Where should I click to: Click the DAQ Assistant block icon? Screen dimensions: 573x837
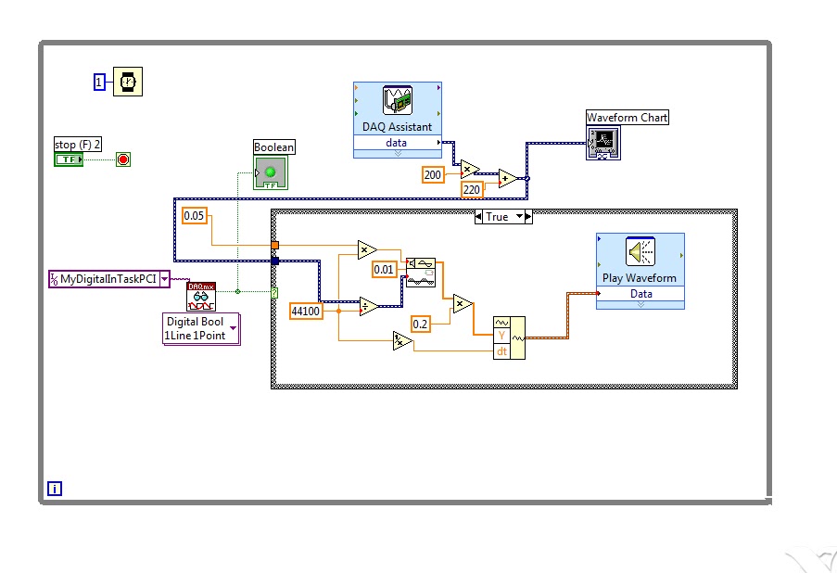[x=397, y=101]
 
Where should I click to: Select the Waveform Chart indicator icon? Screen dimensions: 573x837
[x=602, y=143]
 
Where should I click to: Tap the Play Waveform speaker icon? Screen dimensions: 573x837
[x=640, y=252]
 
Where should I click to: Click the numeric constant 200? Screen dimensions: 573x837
[x=433, y=174]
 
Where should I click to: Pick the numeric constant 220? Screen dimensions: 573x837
[x=473, y=190]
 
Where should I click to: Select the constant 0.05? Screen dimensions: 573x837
[x=194, y=215]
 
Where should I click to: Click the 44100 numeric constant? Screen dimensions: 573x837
[x=306, y=312]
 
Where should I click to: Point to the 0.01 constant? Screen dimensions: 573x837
[x=385, y=270]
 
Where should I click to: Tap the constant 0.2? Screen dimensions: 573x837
[x=421, y=324]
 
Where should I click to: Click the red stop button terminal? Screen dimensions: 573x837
[x=123, y=159]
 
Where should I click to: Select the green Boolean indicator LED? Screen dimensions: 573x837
[x=271, y=172]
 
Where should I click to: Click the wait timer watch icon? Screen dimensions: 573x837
[x=128, y=82]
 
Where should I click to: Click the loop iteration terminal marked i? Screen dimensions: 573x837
[x=55, y=489]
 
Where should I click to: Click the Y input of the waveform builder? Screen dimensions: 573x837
[x=501, y=336]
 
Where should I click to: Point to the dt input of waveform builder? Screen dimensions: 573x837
[x=501, y=351]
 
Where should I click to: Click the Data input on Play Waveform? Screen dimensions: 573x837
[x=640, y=294]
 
